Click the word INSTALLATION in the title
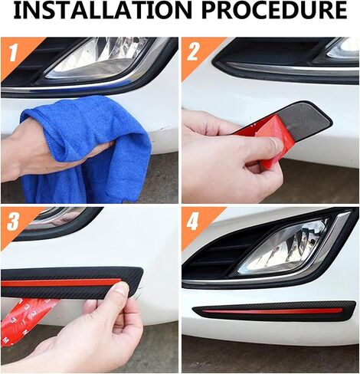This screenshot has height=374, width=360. click(103, 11)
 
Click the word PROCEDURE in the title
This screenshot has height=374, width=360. click(276, 11)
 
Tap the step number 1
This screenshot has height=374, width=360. click(13, 53)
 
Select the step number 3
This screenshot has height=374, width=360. click(13, 221)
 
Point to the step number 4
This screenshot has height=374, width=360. click(193, 221)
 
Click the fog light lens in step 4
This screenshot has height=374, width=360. click(283, 247)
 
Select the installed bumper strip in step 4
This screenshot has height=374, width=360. click(274, 310)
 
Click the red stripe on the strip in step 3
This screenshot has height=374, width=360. click(61, 282)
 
